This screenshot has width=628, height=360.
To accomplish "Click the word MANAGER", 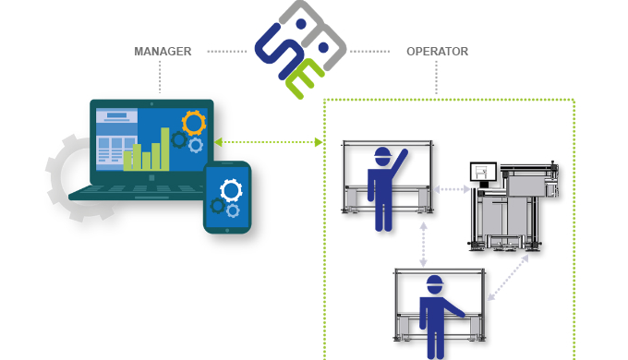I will (x=163, y=52).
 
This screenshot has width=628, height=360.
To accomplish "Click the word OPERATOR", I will (x=437, y=52).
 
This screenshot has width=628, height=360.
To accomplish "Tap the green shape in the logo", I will (x=306, y=79).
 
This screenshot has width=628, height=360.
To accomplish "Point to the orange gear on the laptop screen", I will (x=194, y=122).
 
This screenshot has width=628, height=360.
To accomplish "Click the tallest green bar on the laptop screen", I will (x=165, y=149).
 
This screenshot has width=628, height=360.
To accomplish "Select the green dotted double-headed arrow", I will (x=269, y=142).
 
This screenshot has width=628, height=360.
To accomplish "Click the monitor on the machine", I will (x=483, y=172).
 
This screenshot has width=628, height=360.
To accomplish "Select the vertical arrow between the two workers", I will (x=423, y=242).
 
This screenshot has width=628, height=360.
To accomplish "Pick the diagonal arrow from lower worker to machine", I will (x=508, y=276).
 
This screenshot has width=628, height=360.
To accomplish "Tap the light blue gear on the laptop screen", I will (x=196, y=145).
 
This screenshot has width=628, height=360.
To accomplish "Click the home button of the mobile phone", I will (x=227, y=226).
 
